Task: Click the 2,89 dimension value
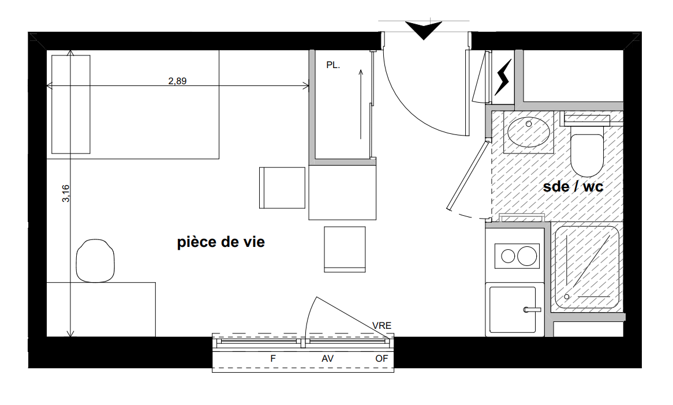point(177,81)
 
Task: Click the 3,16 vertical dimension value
point(66,193)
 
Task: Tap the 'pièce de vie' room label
point(221,242)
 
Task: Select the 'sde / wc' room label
point(573,186)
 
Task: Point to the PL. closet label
point(333,65)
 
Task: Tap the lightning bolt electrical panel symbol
point(503,77)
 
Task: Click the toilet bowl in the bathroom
point(587,155)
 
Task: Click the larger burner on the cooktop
point(527,257)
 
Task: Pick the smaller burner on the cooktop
point(508,257)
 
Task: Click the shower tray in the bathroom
point(587,269)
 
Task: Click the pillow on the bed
point(71,104)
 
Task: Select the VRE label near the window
point(382,326)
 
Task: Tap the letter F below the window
point(273,359)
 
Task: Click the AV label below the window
point(327,359)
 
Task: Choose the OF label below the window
point(382,359)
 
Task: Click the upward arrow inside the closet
point(361,104)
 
